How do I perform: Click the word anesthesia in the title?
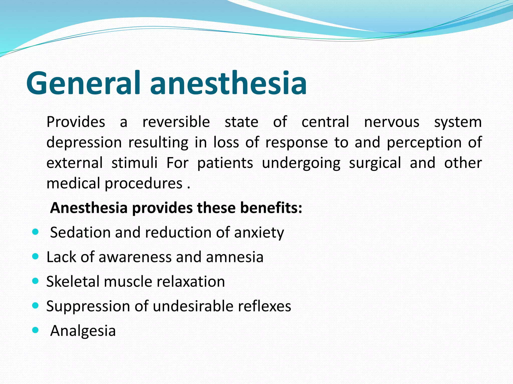click(x=228, y=83)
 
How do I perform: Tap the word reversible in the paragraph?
click(x=176, y=122)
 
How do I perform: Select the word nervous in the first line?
click(x=392, y=122)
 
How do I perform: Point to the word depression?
click(x=84, y=142)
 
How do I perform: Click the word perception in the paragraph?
click(x=424, y=142)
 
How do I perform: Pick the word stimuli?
click(x=135, y=163)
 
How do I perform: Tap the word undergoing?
click(x=301, y=163)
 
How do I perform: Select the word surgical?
click(x=375, y=163)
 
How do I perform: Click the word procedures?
click(x=143, y=183)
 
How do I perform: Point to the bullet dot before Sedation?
click(x=36, y=232)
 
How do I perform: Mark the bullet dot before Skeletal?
click(x=36, y=281)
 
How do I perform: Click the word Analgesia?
click(x=83, y=331)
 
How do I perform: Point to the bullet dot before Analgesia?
click(x=36, y=330)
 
